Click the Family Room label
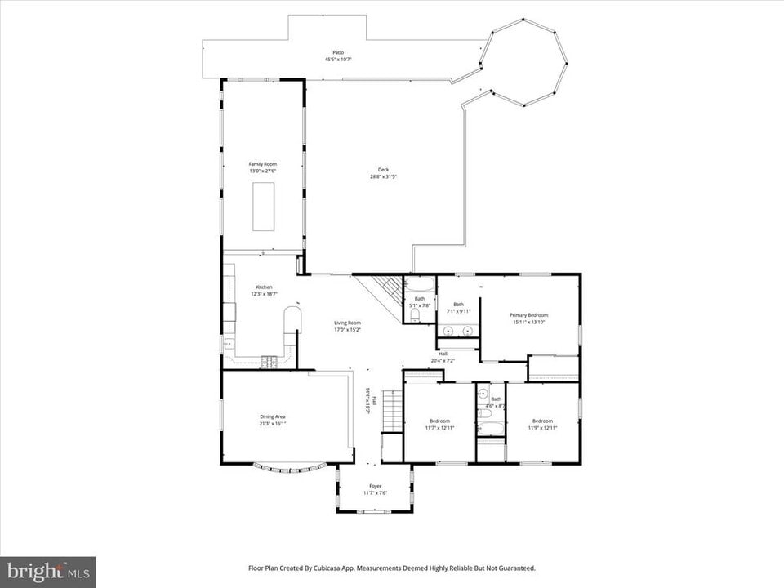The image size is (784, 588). [262, 164]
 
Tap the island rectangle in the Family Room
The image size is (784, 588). [263, 207]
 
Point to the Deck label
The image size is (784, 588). [383, 170]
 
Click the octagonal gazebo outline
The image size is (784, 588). [523, 62]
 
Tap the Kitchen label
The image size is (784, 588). [264, 287]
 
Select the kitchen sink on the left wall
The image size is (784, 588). [228, 343]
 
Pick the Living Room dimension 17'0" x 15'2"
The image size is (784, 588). [347, 330]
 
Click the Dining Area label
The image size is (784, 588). [273, 416]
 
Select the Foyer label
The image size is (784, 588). [375, 486]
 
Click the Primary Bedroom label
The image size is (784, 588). [528, 315]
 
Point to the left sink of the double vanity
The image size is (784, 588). [448, 331]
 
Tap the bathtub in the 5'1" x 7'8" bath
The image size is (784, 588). [420, 285]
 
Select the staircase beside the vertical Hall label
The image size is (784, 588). [393, 411]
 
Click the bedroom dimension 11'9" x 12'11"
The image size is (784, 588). [542, 428]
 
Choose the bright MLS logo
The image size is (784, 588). [47, 571]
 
